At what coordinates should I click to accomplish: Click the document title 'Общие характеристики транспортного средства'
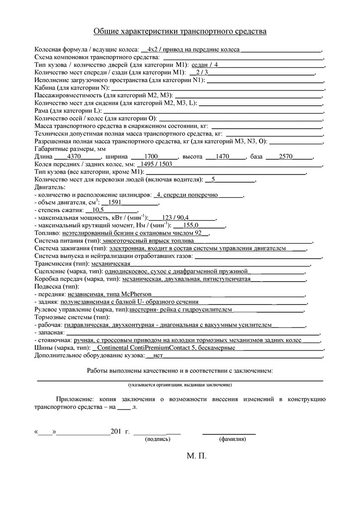[180, 32]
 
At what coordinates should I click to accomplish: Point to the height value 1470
[222, 156]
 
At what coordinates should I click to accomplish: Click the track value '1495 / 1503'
[157, 164]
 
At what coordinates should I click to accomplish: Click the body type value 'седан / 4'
[204, 65]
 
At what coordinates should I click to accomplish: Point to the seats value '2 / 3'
[202, 72]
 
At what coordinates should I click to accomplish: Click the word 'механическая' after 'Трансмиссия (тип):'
[110, 263]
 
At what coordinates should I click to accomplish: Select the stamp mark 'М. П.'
[196, 456]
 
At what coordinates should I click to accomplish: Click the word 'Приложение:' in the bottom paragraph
[74, 399]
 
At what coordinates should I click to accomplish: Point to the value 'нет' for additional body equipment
[159, 355]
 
